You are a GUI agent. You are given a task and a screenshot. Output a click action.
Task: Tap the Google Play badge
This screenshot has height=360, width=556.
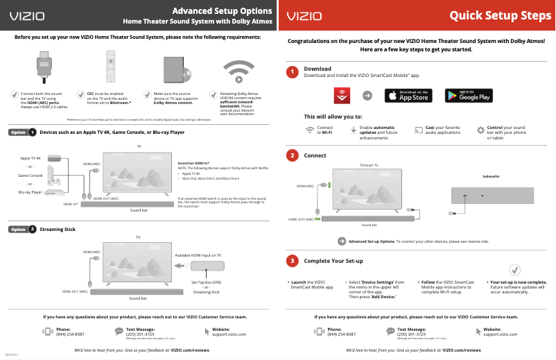click(x=468, y=96)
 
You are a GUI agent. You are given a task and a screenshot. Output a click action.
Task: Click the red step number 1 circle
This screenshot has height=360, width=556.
click(x=293, y=72)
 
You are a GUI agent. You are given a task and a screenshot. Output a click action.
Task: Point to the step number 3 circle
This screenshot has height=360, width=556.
click(x=293, y=261)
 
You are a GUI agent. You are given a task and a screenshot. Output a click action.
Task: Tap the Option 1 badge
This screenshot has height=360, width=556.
click(x=23, y=132)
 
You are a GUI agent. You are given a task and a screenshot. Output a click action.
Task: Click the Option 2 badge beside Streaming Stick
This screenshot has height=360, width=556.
click(x=23, y=229)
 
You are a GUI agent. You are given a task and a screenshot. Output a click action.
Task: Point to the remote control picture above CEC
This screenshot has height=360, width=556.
click(x=109, y=67)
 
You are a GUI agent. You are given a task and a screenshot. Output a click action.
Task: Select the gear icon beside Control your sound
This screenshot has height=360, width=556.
click(x=481, y=130)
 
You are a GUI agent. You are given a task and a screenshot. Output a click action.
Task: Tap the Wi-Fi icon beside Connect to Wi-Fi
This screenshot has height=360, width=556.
click(x=310, y=130)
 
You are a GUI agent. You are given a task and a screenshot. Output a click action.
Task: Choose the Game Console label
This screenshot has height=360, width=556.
click(x=31, y=175)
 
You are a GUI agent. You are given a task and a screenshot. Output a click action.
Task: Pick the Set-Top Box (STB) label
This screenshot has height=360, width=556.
click(x=207, y=282)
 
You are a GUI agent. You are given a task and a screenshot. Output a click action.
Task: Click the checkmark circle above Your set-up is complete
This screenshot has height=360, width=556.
click(x=515, y=270)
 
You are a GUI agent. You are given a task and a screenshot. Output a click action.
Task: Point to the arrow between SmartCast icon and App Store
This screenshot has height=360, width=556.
click(x=367, y=96)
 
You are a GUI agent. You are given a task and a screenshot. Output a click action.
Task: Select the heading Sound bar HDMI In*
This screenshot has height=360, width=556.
click(x=193, y=161)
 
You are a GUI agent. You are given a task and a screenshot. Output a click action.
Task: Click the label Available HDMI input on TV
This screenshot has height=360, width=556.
click(x=198, y=255)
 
